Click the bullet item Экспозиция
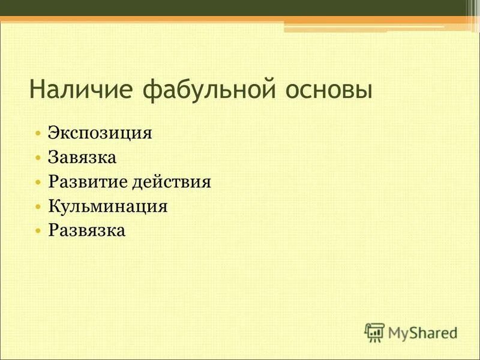pyautogui.click(x=100, y=133)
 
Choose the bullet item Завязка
pyautogui.click(x=82, y=157)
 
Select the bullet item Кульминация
pyautogui.click(x=107, y=206)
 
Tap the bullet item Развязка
pyautogui.click(x=87, y=230)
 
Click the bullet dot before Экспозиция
pyautogui.click(x=38, y=133)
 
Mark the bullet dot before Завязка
pyautogui.click(x=38, y=158)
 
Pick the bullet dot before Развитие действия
pyautogui.click(x=38, y=182)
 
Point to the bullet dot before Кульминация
pyautogui.click(x=38, y=207)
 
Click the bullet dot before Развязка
pyautogui.click(x=38, y=231)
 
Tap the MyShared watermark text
pyautogui.click(x=422, y=332)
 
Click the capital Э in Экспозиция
pyautogui.click(x=54, y=133)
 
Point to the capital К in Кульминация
pyautogui.click(x=54, y=206)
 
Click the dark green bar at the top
pyautogui.click(x=240, y=8)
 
